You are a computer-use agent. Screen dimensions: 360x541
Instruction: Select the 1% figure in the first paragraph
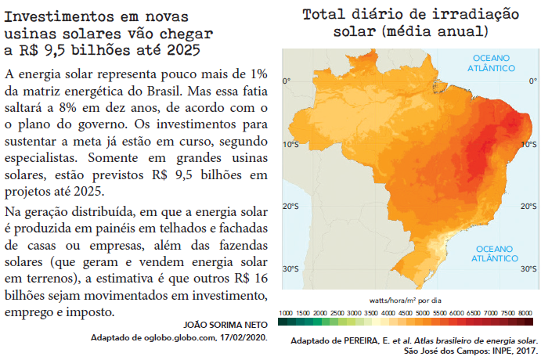(256, 74)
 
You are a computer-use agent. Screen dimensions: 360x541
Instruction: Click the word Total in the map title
(331, 15)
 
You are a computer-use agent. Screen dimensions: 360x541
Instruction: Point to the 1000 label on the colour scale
(286, 312)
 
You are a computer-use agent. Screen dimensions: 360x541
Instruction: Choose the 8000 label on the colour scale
(525, 312)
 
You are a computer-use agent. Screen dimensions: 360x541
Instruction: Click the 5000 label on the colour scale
(422, 312)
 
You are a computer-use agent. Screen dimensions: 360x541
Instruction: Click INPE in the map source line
(498, 351)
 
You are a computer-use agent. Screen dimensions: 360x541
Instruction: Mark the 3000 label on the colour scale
(354, 312)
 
